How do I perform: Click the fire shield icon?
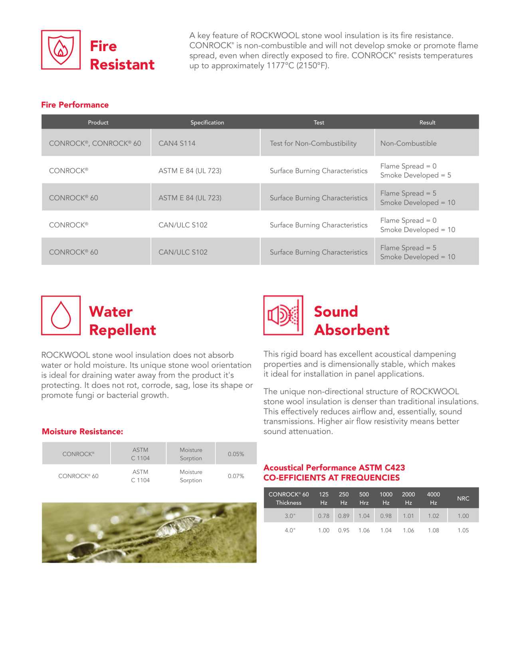click(x=61, y=50)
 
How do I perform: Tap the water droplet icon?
click(x=61, y=316)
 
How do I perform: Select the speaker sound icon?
click(x=283, y=316)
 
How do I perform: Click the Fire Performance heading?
click(x=75, y=105)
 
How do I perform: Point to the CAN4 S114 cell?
click(x=177, y=143)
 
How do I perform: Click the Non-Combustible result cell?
click(x=408, y=143)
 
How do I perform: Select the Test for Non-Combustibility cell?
click(x=313, y=143)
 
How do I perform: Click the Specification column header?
click(x=207, y=123)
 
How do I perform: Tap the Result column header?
click(x=427, y=123)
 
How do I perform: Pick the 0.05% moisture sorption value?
click(x=236, y=454)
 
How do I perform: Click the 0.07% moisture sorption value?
click(x=236, y=476)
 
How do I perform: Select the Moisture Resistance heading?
click(x=82, y=431)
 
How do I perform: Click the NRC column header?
click(x=463, y=498)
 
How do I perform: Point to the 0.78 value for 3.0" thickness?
click(x=323, y=516)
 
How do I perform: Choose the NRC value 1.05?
click(x=463, y=530)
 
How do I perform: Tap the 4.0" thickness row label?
click(x=290, y=530)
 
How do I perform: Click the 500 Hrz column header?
click(x=364, y=498)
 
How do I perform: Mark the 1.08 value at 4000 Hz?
click(x=433, y=530)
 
